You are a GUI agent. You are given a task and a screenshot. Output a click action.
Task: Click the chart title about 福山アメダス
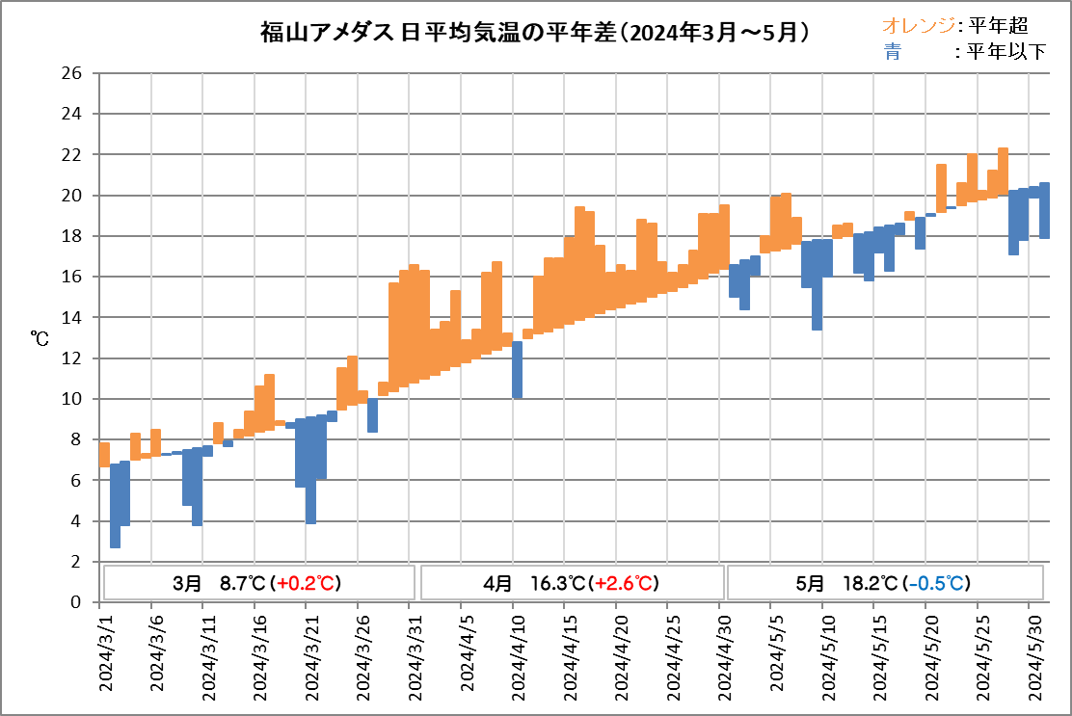[x=534, y=33]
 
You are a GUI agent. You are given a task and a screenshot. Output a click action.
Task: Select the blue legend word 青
[x=892, y=52]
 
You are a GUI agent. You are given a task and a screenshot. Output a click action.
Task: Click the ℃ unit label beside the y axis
[x=40, y=338]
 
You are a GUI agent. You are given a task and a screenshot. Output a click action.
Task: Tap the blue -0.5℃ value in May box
[x=938, y=583]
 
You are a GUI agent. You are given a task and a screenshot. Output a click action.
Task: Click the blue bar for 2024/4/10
[x=517, y=370]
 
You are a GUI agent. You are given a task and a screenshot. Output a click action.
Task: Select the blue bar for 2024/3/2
[x=115, y=506]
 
